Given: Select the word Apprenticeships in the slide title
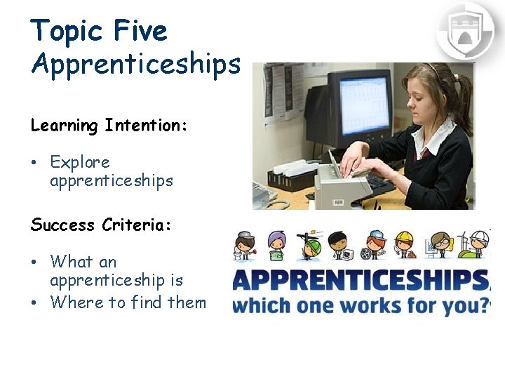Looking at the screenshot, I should pyautogui.click(x=135, y=64).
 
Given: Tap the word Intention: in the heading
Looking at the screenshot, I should pyautogui.click(x=145, y=126).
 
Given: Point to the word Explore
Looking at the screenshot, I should pyautogui.click(x=80, y=162).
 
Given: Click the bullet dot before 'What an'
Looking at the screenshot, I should pyautogui.click(x=34, y=262).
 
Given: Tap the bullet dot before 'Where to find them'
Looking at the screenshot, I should pyautogui.click(x=34, y=303).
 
